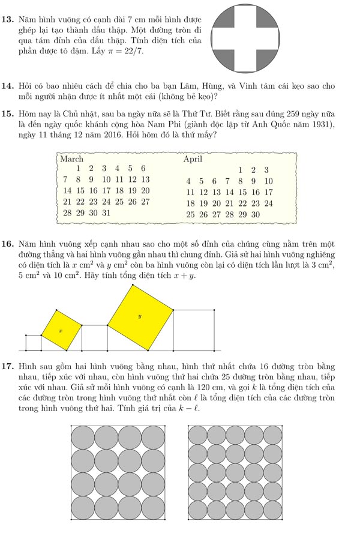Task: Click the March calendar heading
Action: [x=72, y=160]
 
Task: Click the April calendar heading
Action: [x=193, y=160]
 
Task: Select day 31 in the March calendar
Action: [x=105, y=213]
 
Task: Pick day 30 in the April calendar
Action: [x=254, y=214]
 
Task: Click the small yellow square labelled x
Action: [x=61, y=330]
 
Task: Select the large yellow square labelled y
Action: [x=140, y=317]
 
